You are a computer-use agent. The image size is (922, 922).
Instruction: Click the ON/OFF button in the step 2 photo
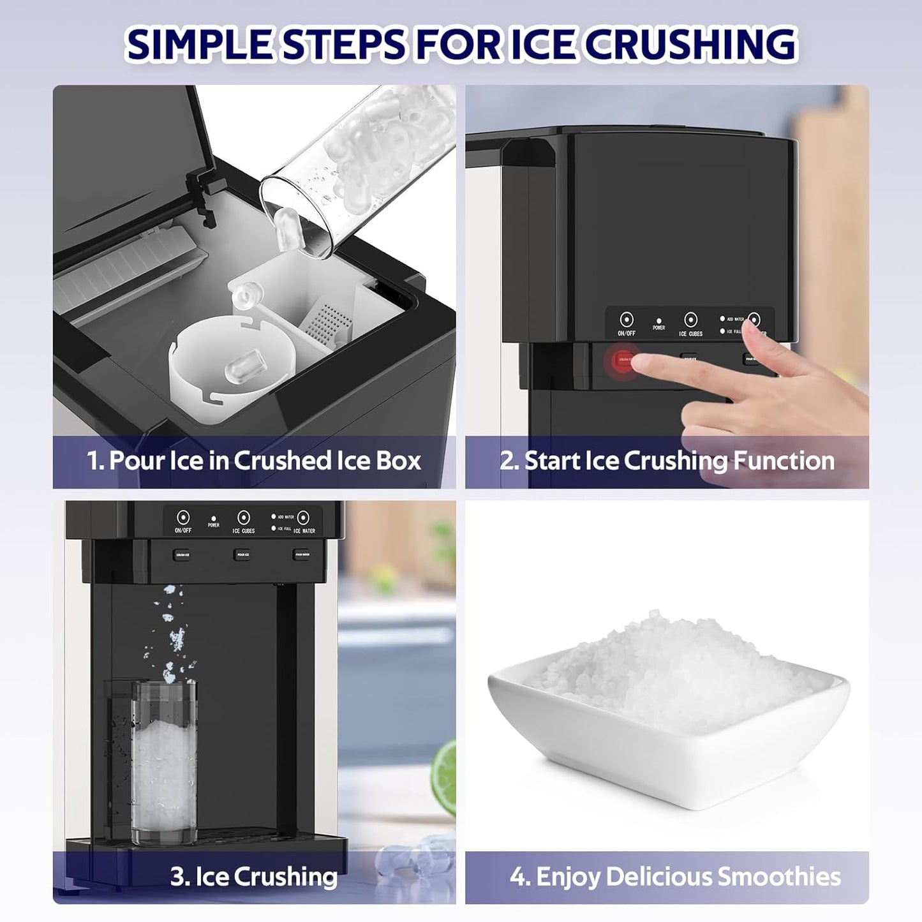coord(627,320)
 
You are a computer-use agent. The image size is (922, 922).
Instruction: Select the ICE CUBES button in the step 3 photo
coord(243,517)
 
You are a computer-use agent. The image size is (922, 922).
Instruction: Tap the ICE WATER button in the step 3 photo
coord(303,517)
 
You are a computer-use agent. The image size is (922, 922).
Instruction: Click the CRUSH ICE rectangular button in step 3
coord(182,554)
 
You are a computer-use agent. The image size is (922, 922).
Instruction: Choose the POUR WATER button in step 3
coord(302,554)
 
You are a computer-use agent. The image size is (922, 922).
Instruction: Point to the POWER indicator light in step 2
coord(658,321)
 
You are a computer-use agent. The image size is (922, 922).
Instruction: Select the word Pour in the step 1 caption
coord(137,461)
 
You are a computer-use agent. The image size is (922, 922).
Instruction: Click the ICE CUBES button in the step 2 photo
coord(690,320)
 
